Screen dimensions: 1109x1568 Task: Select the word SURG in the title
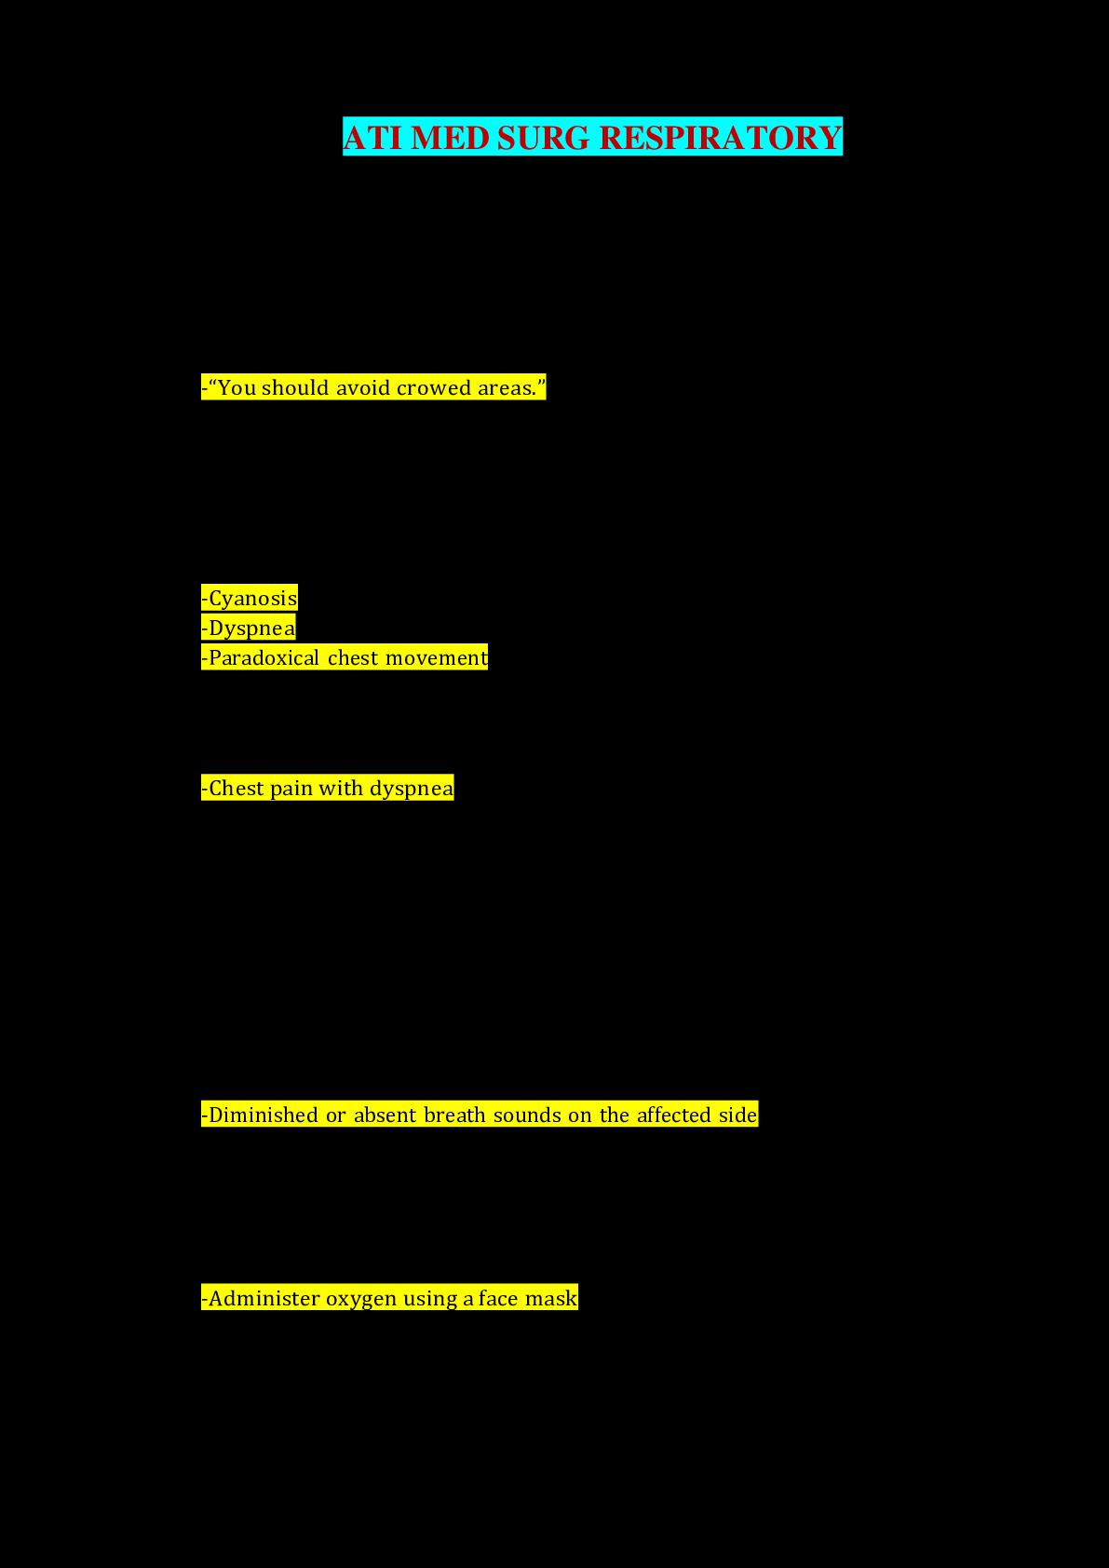tap(544, 138)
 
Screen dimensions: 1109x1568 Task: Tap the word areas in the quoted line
tap(507, 388)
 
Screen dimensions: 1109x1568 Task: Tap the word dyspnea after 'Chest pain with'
tap(412, 789)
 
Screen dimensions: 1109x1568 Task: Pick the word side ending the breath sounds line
tap(737, 1115)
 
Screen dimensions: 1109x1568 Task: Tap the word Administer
tap(264, 1299)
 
